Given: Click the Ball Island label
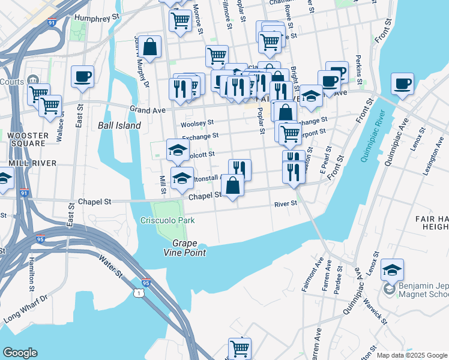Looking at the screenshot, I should point(119,126).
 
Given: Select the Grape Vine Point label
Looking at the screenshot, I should point(189,248).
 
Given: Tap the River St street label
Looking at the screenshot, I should point(286,203).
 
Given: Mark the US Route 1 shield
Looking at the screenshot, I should point(139,293).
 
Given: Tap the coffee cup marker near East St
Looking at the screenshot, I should point(82,77).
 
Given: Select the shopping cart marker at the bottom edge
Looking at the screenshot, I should point(240,348).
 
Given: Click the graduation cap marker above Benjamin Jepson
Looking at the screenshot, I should point(392,269).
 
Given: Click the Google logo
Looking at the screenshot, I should point(20,352).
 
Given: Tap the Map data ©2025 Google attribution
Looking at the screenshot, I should point(412,355).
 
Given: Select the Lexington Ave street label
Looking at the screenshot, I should point(432,159).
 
